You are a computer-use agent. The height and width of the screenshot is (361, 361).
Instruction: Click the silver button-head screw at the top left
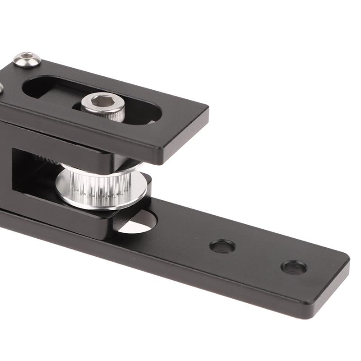pyautogui.click(x=27, y=59)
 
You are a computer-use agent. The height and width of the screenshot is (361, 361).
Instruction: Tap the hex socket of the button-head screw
pyautogui.click(x=27, y=57)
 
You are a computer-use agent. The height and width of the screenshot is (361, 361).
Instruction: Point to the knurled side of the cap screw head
pyautogui.click(x=108, y=114)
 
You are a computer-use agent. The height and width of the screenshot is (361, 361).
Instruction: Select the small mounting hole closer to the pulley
pyautogui.click(x=222, y=246)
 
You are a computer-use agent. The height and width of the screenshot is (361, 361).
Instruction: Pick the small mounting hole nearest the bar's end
pyautogui.click(x=294, y=268)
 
